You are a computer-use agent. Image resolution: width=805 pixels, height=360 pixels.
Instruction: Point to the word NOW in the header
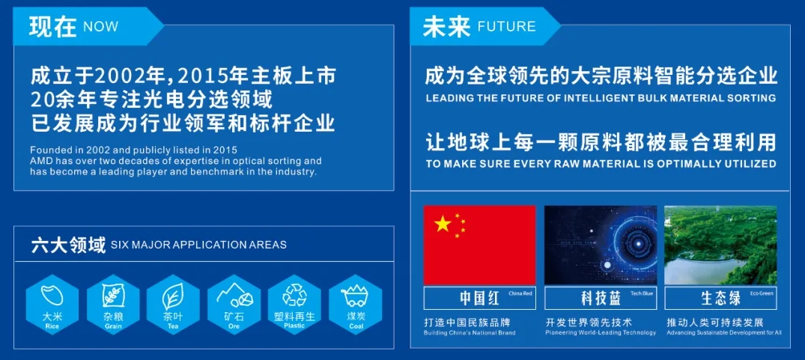[100, 27]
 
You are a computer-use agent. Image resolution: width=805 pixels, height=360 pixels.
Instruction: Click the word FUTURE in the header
[506, 27]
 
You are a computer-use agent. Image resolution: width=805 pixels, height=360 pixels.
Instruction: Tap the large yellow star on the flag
[443, 223]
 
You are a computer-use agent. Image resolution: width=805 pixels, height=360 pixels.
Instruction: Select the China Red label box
[480, 297]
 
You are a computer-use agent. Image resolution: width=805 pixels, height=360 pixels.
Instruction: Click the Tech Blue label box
[601, 297]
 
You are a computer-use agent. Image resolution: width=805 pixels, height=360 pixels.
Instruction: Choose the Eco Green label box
[720, 297]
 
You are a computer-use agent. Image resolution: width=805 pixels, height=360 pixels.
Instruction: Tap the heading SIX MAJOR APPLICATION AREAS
[198, 245]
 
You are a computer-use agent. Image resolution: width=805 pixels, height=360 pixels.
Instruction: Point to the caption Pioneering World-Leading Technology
[601, 332]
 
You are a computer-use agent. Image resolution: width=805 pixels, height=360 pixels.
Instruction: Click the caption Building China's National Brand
[470, 332]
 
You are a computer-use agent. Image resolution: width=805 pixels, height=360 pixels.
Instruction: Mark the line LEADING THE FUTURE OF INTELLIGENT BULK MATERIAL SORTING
[601, 98]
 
